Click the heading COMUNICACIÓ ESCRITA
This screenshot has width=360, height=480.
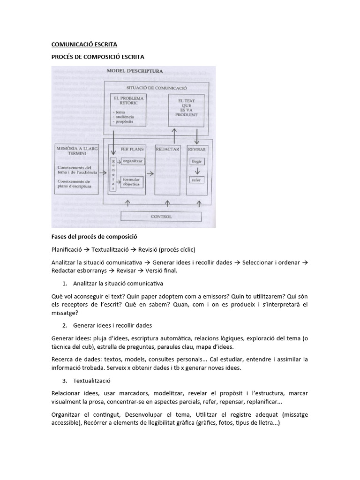tap(84, 45)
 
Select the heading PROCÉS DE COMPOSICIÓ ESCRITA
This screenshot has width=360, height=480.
tap(97, 57)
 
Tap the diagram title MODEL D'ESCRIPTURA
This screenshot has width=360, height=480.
tap(135, 71)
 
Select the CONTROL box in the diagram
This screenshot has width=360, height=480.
tap(161, 217)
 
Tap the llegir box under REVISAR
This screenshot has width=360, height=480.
tap(196, 161)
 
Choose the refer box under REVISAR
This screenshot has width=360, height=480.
tap(196, 180)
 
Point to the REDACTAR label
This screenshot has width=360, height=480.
tap(168, 149)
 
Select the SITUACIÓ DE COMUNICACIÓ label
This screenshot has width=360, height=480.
tap(157, 88)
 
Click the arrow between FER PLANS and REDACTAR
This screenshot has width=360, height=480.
tap(150, 173)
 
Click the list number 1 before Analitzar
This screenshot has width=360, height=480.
tap(65, 284)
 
